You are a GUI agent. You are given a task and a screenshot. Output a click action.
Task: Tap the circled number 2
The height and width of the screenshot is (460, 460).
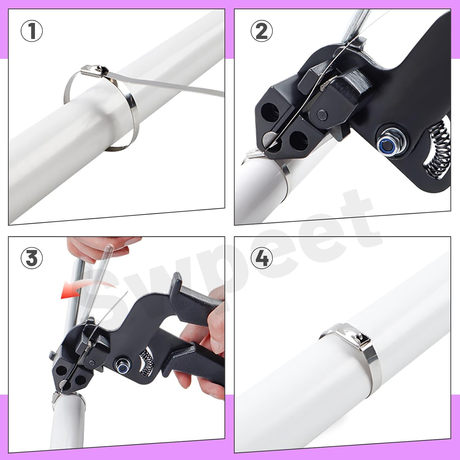(262, 32)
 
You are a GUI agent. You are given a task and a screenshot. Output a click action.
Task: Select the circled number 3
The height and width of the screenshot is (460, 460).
(32, 258)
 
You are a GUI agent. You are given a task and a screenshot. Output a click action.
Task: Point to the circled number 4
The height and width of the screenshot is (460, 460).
(262, 258)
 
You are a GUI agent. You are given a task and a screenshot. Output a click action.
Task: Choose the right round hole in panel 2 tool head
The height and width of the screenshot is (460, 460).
(299, 141)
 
